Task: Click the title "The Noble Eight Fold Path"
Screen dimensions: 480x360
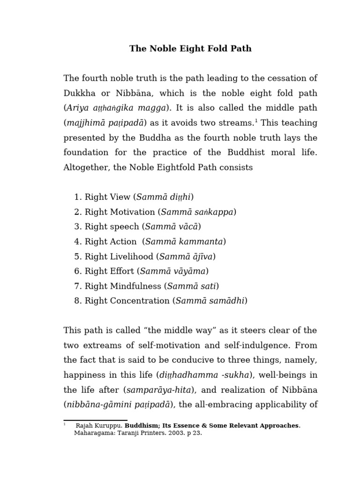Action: pos(190,49)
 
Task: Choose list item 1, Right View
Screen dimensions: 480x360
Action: pos(108,197)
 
